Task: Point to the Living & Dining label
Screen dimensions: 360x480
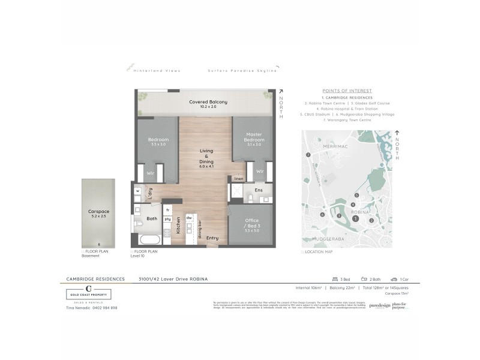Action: [x=207, y=157]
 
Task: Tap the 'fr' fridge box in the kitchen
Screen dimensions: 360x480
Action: [x=167, y=210]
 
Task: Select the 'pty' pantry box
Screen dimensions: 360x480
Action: [x=167, y=220]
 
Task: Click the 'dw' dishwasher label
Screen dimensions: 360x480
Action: [x=188, y=217]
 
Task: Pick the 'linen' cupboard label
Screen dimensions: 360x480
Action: [x=238, y=179]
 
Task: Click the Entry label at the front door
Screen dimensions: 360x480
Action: [x=212, y=238]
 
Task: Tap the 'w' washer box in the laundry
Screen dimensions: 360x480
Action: [x=137, y=191]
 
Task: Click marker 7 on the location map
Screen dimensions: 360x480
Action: [x=308, y=155]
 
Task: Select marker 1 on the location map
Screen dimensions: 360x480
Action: [x=355, y=220]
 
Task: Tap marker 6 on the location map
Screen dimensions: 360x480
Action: [x=322, y=214]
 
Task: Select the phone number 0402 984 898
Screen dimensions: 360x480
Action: [x=101, y=308]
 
